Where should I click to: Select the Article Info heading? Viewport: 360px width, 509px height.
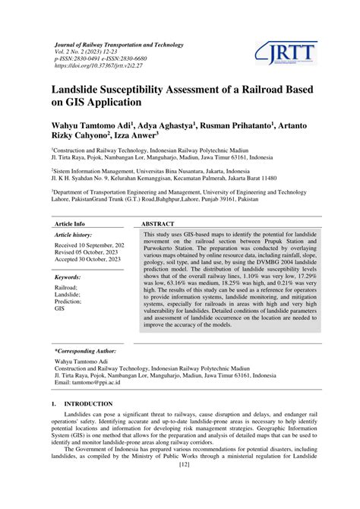(69, 224)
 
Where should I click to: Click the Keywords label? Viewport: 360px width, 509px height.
(68, 278)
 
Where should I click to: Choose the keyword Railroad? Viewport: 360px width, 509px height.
(66, 289)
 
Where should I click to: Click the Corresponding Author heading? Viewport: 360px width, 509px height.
(85, 352)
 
